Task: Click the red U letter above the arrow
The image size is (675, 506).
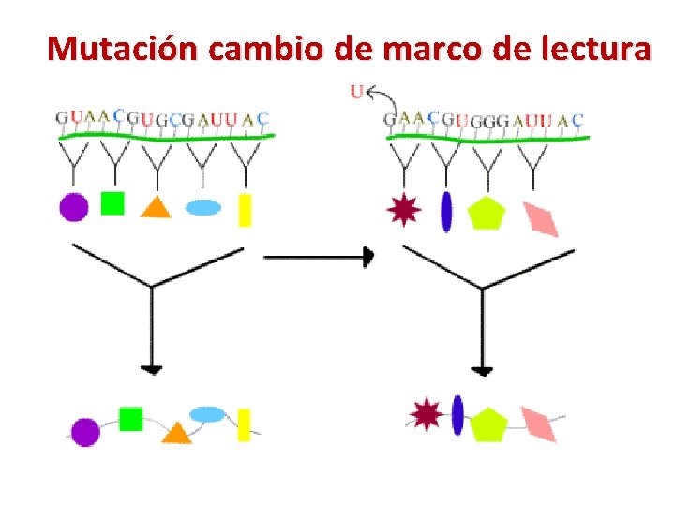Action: [x=356, y=91]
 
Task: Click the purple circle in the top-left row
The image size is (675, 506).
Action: [x=74, y=206]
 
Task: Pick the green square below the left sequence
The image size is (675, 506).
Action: [x=112, y=203]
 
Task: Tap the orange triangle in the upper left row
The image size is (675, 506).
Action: [x=156, y=206]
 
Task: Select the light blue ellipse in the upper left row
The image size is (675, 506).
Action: [x=202, y=207]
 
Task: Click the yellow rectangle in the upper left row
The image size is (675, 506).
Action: [x=246, y=209]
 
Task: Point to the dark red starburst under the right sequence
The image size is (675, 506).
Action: [x=404, y=209]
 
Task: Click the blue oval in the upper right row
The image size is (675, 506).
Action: [x=446, y=210]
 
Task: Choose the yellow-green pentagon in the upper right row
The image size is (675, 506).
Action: [x=487, y=213]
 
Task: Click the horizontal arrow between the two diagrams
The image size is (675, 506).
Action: [x=319, y=256]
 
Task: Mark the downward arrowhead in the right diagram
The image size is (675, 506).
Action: [x=482, y=370]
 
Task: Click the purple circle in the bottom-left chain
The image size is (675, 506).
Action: [x=85, y=431]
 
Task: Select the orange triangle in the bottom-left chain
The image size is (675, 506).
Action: [x=176, y=431]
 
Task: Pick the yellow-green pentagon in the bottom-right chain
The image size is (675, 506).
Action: [x=488, y=424]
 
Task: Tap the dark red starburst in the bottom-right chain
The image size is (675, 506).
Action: [x=427, y=413]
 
